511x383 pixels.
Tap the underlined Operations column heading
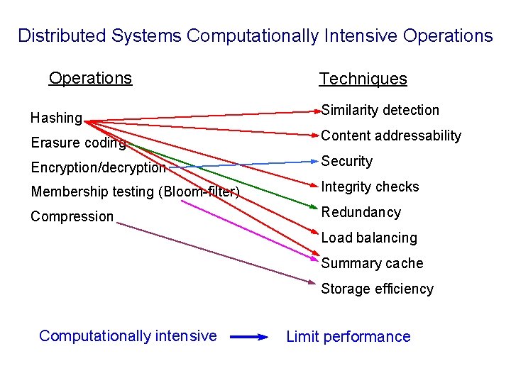(90, 78)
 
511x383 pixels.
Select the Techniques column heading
(363, 79)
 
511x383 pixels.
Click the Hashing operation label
(56, 118)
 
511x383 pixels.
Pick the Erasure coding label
(78, 143)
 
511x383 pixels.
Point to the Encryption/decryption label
(98, 167)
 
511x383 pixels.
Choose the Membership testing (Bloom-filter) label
(135, 191)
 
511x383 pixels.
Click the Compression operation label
(72, 216)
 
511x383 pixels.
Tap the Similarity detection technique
(380, 110)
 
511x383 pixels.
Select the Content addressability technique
(391, 135)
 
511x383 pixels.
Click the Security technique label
(346, 161)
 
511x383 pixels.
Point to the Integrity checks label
(370, 187)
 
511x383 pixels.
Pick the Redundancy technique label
(361, 212)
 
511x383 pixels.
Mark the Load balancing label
(369, 238)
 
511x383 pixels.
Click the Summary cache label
(372, 263)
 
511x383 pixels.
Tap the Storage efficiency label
(377, 289)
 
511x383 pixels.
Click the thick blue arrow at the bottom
(248, 337)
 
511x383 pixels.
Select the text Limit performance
(348, 337)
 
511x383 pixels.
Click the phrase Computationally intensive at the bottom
(128, 335)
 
